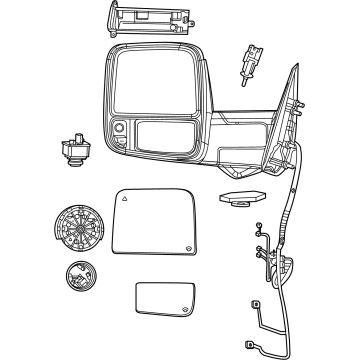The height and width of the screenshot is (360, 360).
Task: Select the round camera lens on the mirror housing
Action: [x=119, y=129]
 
